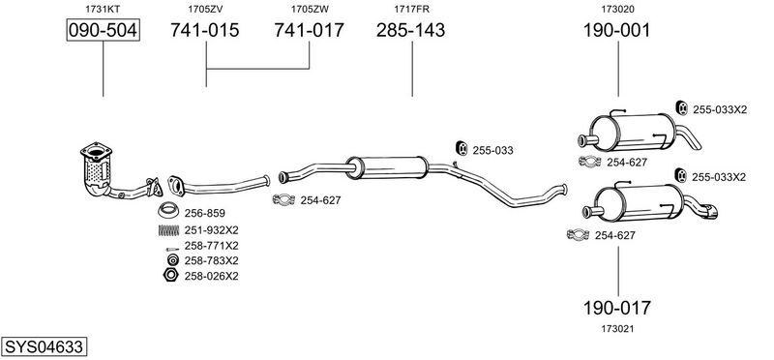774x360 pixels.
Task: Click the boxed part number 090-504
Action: point(104,30)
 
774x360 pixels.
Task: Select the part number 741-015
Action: point(205,30)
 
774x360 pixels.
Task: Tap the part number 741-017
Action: point(309,30)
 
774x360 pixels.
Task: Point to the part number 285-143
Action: point(410,30)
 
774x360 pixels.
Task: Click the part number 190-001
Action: point(617,30)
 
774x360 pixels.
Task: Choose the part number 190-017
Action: point(617,308)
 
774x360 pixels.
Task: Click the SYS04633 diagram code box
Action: point(44,347)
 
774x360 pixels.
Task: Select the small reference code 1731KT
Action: point(103,9)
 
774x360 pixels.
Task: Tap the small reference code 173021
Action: point(617,329)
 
